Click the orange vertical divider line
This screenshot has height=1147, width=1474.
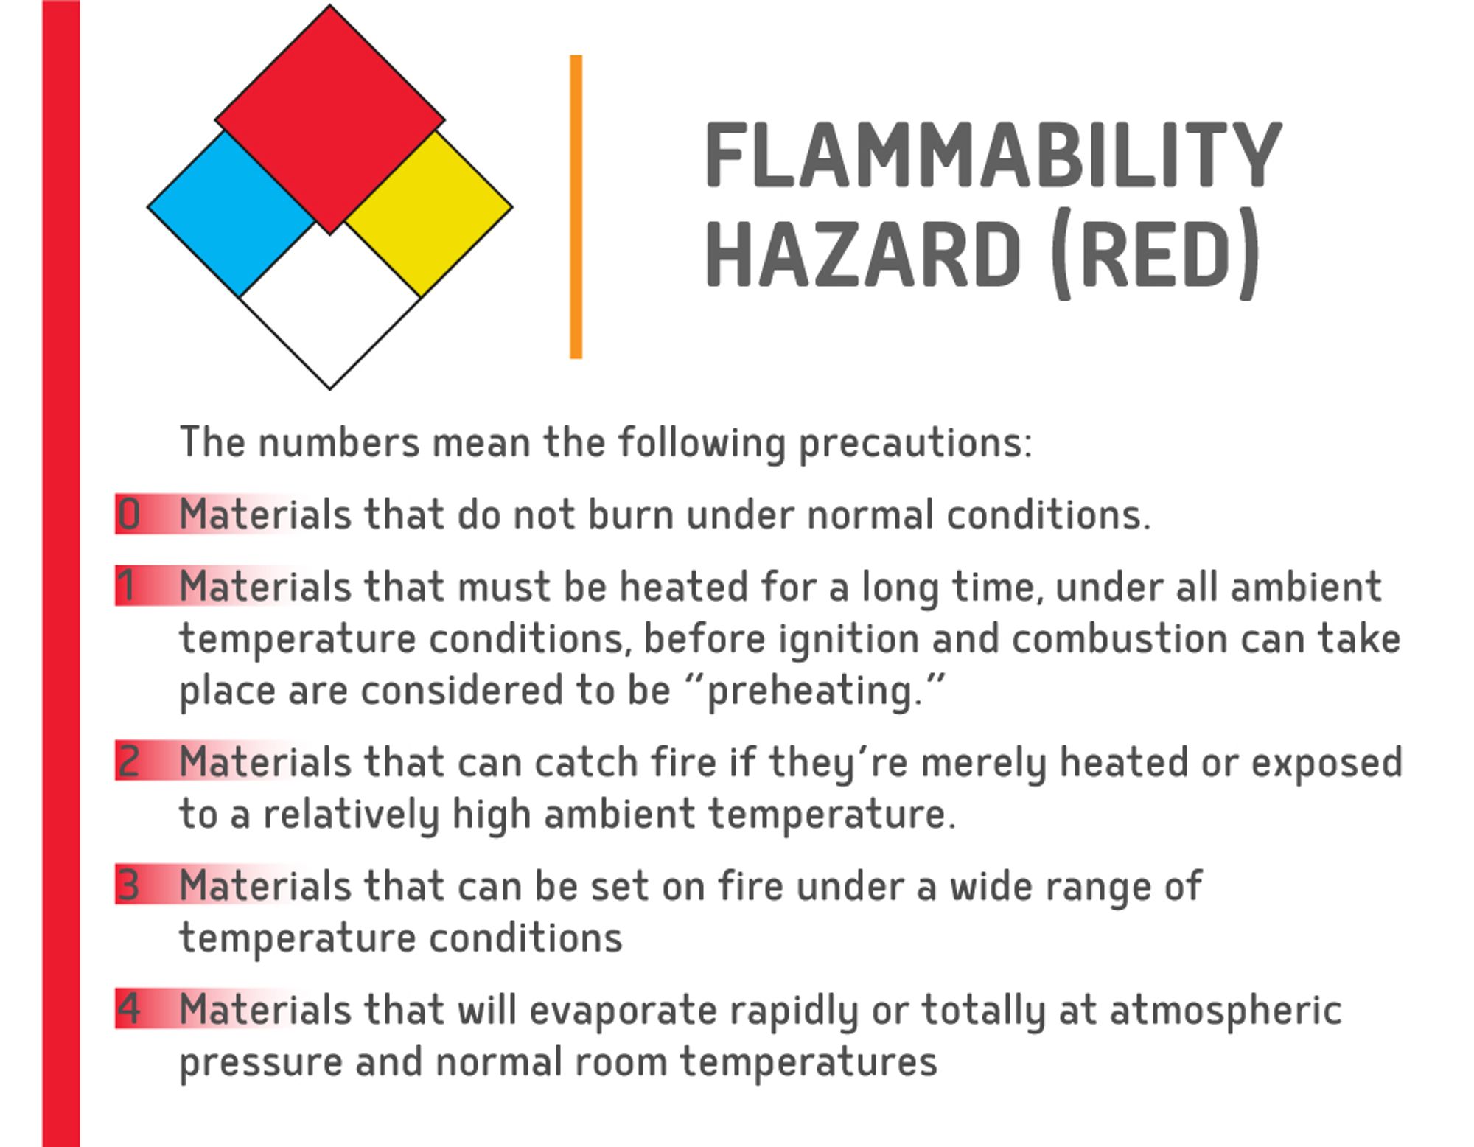(x=576, y=206)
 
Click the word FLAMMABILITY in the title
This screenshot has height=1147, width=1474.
(x=993, y=156)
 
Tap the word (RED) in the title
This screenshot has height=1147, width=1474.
(x=1154, y=254)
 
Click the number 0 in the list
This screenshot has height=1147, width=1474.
(x=129, y=514)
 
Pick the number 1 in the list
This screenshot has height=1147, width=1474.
(x=128, y=586)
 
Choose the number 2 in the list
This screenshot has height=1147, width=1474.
(x=129, y=761)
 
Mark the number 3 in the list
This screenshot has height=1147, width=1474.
(x=129, y=885)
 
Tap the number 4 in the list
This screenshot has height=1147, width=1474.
(x=129, y=1008)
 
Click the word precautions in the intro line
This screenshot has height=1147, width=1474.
(x=914, y=444)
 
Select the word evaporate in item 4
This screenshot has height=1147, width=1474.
(x=623, y=1010)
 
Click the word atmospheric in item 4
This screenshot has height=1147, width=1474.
(x=1225, y=1010)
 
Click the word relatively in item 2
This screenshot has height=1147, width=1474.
(x=351, y=815)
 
